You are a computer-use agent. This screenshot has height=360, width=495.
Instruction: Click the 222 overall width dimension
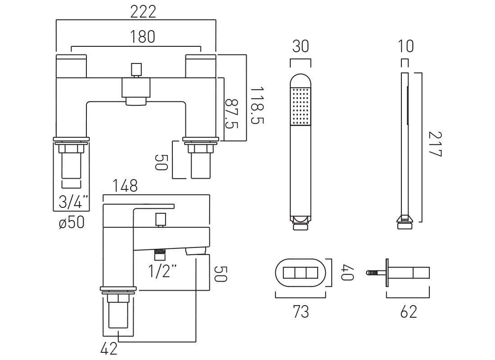(x=143, y=12)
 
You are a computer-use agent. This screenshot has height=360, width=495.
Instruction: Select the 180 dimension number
(x=143, y=37)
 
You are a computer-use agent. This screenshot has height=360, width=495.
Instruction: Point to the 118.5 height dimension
(x=257, y=106)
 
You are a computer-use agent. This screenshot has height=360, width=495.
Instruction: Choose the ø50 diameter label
(x=72, y=222)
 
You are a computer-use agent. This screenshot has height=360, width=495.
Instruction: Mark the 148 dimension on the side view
(x=126, y=186)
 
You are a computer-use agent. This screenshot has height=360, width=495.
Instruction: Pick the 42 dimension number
(x=109, y=348)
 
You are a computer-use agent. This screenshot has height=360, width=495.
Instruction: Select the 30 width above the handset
(x=301, y=46)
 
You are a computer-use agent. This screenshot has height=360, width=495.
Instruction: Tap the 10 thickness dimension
(x=406, y=46)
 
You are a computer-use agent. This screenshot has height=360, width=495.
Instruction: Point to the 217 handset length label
(x=434, y=144)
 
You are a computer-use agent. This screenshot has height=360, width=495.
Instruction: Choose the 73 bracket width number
(x=301, y=311)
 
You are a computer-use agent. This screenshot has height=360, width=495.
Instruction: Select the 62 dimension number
(x=408, y=311)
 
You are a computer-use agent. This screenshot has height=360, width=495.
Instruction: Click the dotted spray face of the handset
(x=301, y=106)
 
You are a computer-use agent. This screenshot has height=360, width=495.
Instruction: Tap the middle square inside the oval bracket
(x=300, y=273)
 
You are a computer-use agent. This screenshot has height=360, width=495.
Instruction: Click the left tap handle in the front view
(x=71, y=65)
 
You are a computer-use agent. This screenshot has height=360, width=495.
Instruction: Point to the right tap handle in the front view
(x=201, y=65)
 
